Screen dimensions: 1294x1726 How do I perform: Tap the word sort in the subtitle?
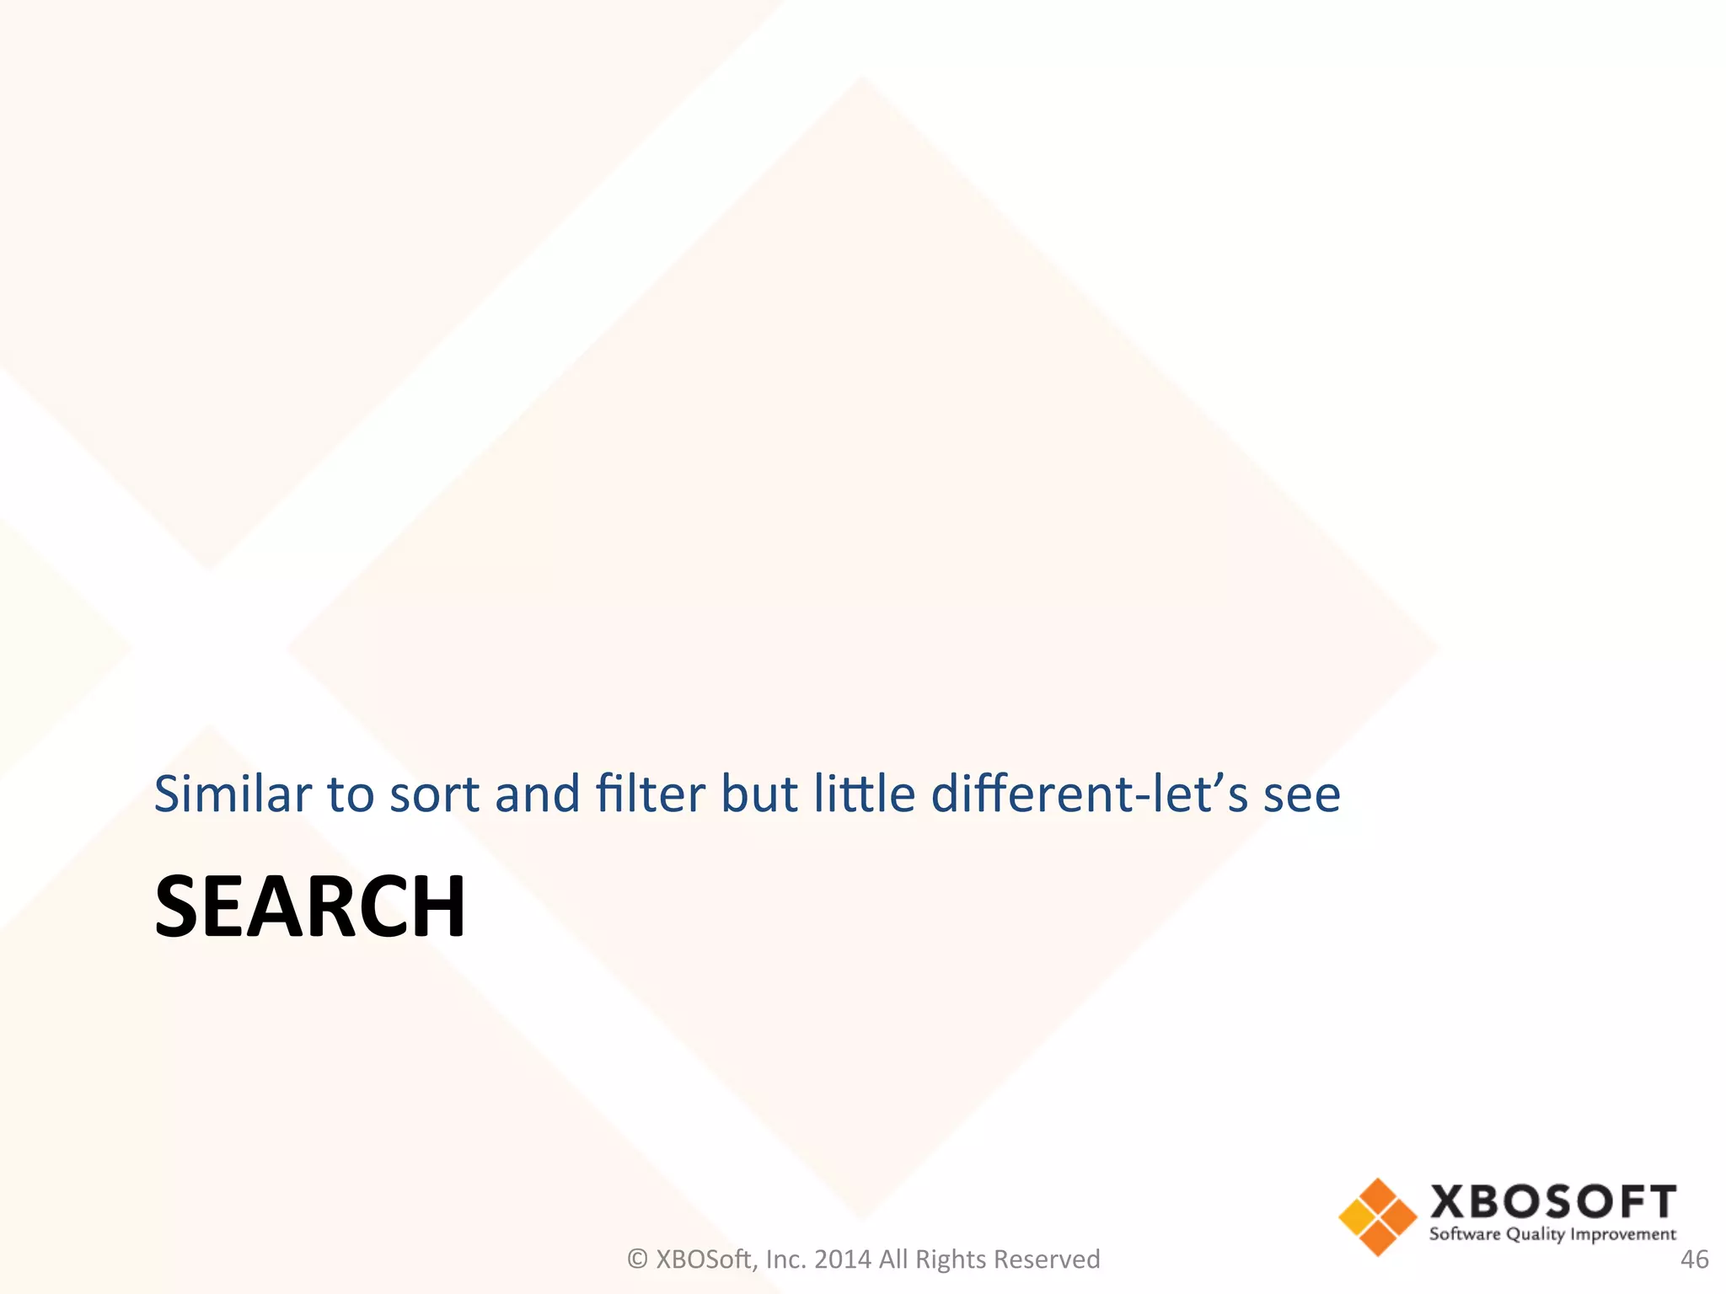(434, 795)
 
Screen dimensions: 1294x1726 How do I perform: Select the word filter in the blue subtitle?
(650, 794)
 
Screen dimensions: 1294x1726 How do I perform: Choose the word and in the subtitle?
(538, 794)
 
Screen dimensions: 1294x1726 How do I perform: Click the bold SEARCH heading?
(310, 906)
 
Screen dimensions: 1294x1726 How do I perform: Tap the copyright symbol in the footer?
(637, 1259)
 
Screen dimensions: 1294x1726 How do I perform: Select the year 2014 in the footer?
(843, 1259)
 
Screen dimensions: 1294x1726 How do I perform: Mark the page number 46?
(1694, 1259)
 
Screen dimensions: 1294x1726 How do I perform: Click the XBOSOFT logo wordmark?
(1552, 1202)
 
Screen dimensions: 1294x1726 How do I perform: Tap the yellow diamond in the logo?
(1355, 1216)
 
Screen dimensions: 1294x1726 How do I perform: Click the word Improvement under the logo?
(1623, 1234)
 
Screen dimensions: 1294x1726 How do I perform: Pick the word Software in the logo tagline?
(1465, 1234)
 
